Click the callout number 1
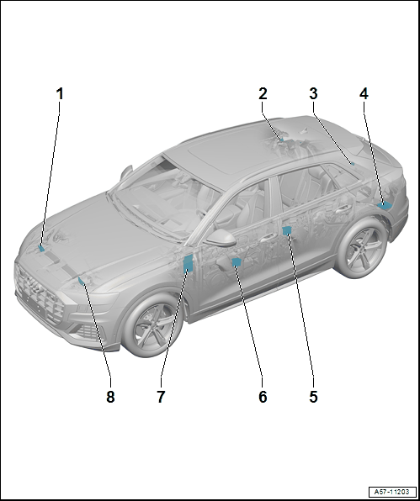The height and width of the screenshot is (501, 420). (60, 94)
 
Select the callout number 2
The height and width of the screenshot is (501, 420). (263, 94)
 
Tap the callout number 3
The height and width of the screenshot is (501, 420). (313, 94)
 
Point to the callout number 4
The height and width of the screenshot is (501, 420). (364, 94)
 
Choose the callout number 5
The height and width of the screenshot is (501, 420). (313, 397)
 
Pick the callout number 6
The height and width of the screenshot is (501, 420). (263, 397)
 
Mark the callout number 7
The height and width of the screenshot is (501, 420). (161, 397)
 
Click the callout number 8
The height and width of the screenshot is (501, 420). (110, 397)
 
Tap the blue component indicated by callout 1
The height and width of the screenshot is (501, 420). (41, 248)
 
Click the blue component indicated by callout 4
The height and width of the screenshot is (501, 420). (385, 205)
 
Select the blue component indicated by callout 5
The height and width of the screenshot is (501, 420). (287, 229)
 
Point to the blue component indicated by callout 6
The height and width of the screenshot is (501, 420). (237, 262)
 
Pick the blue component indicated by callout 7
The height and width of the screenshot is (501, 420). (188, 264)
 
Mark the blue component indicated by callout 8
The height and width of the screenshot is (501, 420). (82, 281)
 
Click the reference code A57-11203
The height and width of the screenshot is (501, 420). (393, 492)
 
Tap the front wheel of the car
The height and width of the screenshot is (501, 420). (152, 324)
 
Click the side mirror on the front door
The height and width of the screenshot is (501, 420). (221, 237)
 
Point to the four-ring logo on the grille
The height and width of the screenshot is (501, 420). (34, 284)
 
